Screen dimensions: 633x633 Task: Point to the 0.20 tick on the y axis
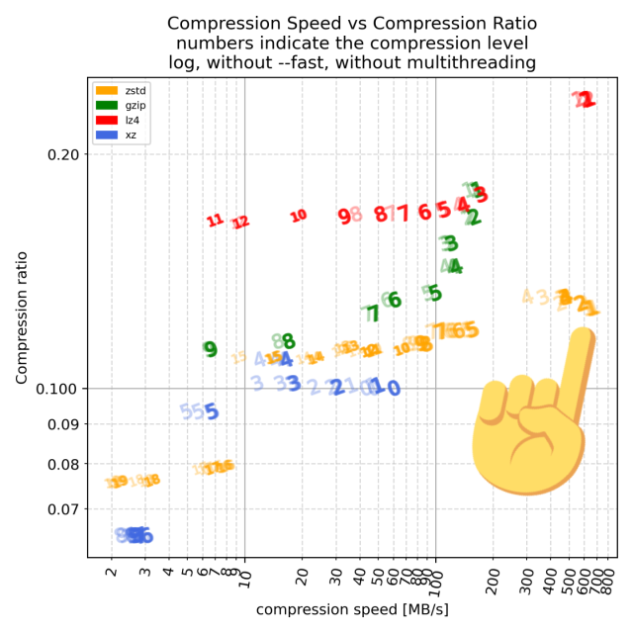(69, 155)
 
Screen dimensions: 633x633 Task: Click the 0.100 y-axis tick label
(65, 388)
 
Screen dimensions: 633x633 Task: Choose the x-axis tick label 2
(112, 572)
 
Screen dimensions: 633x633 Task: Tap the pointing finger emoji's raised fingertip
(582, 342)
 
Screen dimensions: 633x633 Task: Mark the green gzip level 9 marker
(210, 349)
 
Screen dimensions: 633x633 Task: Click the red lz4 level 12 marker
(240, 223)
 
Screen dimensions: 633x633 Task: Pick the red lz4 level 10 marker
(298, 216)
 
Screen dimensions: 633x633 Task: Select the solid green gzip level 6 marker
(395, 300)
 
